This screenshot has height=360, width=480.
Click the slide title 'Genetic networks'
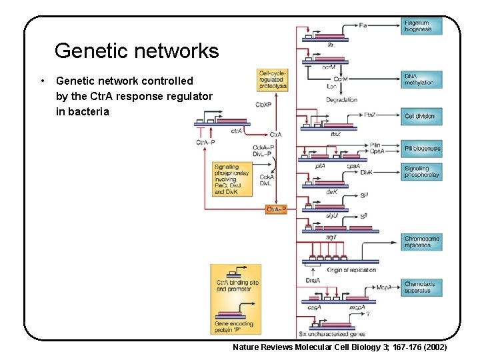(136, 51)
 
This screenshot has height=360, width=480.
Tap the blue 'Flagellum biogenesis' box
(421, 26)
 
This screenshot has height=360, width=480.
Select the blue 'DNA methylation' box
(421, 79)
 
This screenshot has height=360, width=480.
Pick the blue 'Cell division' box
(421, 116)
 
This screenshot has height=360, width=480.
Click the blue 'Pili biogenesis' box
(421, 149)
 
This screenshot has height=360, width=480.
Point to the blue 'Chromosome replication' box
(421, 241)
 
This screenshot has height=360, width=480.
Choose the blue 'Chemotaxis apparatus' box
(421, 287)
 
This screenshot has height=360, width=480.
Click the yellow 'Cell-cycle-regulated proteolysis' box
(273, 80)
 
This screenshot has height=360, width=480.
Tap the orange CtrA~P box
(276, 209)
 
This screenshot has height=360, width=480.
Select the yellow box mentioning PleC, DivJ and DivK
(231, 179)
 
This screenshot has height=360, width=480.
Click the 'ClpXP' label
(263, 104)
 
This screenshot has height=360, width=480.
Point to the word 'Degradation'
(341, 100)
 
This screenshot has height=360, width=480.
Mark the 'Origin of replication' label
(353, 270)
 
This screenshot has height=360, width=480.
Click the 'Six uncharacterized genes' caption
(331, 334)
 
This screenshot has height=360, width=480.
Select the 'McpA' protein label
(383, 287)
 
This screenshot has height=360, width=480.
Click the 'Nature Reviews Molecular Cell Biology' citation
(339, 348)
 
